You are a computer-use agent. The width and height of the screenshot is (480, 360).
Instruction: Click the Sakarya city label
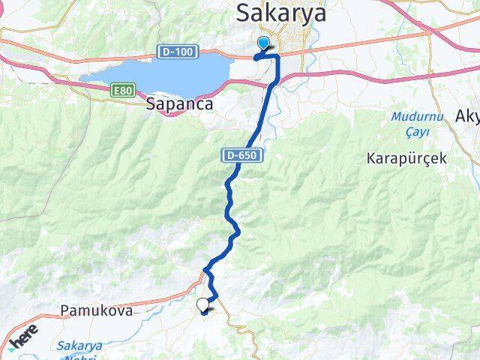pyautogui.click(x=281, y=13)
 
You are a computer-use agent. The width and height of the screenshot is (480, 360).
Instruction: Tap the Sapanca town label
pyautogui.click(x=180, y=106)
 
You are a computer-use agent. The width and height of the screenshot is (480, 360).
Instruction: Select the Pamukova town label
pyautogui.click(x=96, y=310)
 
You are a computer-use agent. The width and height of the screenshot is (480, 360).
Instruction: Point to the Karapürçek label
pyautogui.click(x=406, y=158)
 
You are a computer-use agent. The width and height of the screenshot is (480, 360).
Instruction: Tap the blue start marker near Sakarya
pyautogui.click(x=264, y=43)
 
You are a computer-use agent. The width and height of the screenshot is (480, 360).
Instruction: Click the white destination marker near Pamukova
pyautogui.click(x=202, y=304)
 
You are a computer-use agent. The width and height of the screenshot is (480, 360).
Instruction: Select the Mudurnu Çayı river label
pyautogui.click(x=409, y=124)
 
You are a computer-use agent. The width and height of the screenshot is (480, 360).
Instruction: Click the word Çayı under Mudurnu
pyautogui.click(x=408, y=132)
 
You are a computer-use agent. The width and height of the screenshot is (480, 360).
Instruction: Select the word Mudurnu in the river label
pyautogui.click(x=409, y=117)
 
